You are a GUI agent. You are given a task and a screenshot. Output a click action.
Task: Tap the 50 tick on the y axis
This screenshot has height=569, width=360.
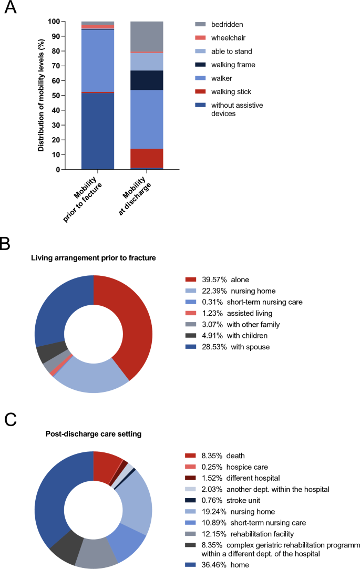[x=55, y=96]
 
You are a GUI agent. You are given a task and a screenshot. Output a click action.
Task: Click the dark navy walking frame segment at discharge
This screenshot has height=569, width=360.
[x=146, y=80]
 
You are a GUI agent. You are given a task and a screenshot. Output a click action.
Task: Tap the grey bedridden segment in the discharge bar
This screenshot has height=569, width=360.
[x=146, y=36]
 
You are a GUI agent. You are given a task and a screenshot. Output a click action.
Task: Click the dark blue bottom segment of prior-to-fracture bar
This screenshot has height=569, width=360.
[x=97, y=131]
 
